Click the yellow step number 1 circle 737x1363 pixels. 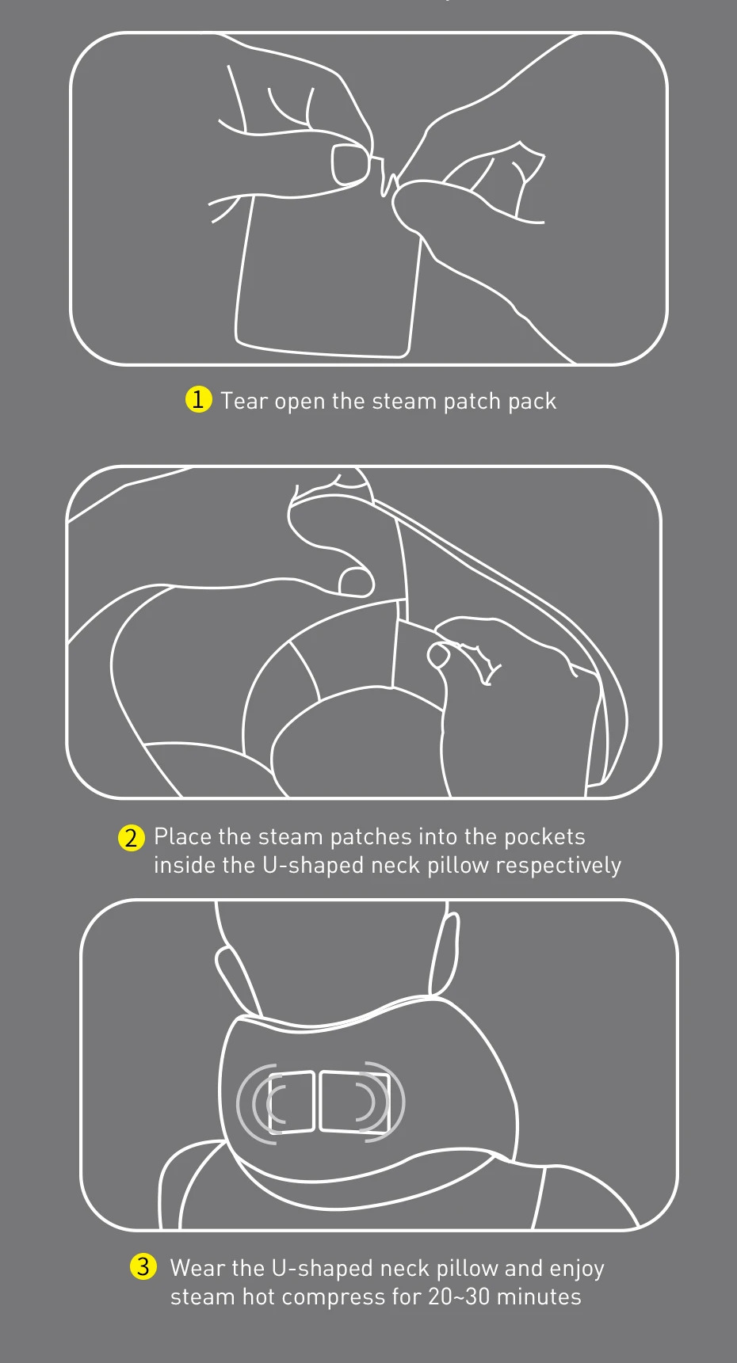[198, 399]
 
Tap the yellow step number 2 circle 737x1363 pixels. [132, 837]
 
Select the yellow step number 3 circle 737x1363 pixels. [143, 1266]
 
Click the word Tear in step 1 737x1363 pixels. [244, 401]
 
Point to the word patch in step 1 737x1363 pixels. [472, 402]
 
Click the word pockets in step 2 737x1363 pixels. [544, 837]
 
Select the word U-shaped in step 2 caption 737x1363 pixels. [313, 866]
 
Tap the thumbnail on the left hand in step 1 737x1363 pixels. [348, 164]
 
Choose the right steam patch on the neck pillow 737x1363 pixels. [353, 1101]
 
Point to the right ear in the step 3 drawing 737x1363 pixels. [444, 954]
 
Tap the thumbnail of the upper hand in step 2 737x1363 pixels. [356, 581]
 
